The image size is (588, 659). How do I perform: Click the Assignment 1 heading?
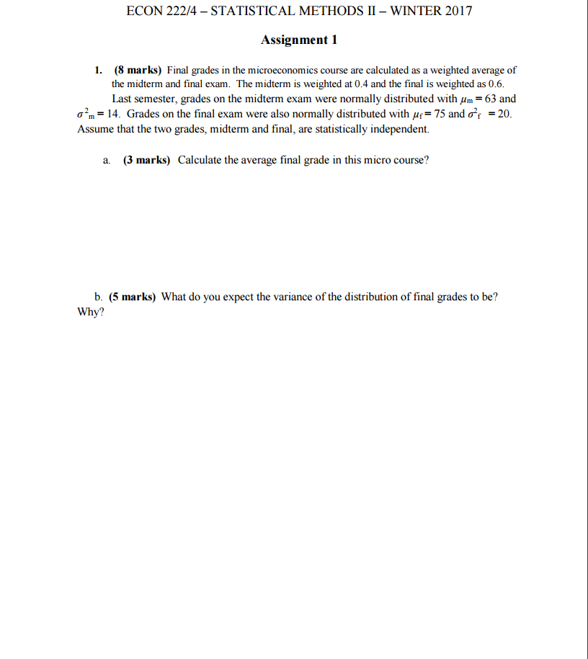(x=298, y=40)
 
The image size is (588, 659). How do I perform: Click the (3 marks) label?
(x=147, y=160)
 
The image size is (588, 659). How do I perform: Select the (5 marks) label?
(x=133, y=297)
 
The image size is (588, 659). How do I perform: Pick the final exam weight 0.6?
(x=495, y=84)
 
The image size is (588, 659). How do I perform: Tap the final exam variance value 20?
(x=504, y=115)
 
